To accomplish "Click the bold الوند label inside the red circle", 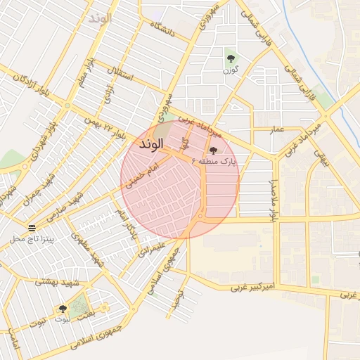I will (151, 144).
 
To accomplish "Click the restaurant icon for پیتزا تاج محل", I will (32, 228).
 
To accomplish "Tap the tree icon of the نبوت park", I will (63, 309).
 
